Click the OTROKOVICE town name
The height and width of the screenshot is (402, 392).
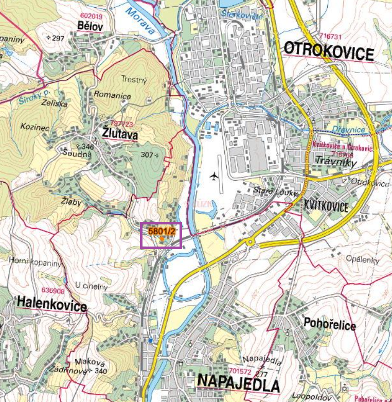(x=328, y=52)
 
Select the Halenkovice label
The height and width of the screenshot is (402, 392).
(x=51, y=305)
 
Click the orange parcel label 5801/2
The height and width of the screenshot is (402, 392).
(x=162, y=231)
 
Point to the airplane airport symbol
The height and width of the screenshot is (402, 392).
(x=214, y=177)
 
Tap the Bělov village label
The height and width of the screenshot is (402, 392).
(x=91, y=26)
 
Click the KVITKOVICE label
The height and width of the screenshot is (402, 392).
(x=326, y=207)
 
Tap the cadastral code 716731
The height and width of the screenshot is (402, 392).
(x=330, y=37)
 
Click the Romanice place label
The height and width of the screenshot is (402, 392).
(x=112, y=95)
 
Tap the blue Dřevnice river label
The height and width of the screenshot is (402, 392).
(x=348, y=130)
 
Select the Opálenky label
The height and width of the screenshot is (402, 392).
(x=362, y=258)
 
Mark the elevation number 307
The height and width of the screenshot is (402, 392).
(x=147, y=154)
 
